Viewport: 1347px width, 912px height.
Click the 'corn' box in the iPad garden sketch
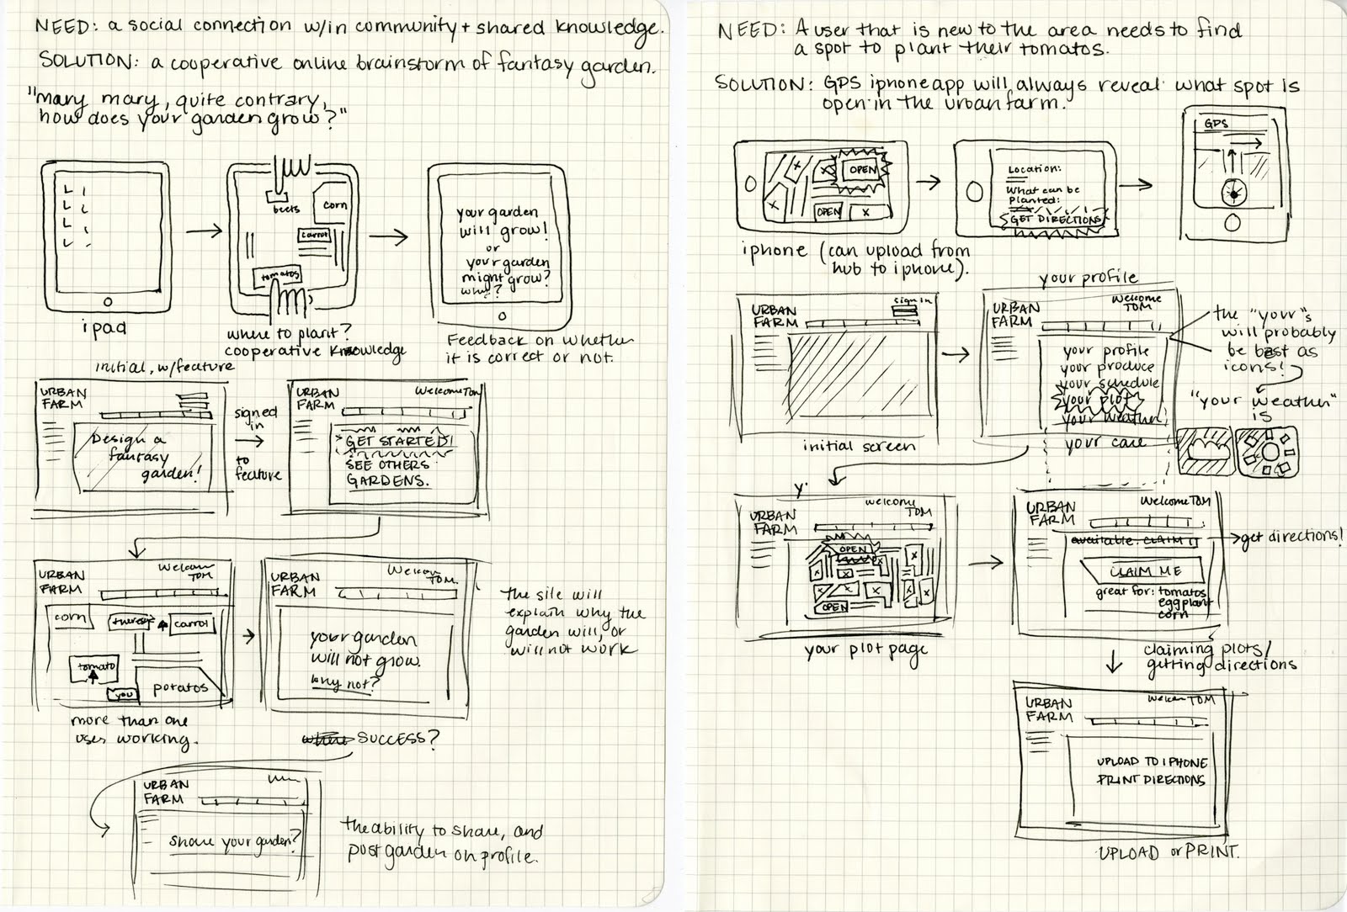coord(334,204)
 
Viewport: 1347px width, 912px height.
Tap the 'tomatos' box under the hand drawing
coord(278,275)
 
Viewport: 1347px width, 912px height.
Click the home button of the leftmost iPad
coord(106,301)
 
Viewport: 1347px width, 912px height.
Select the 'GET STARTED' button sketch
coord(393,440)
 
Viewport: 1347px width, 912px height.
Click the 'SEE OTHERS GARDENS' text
coord(386,473)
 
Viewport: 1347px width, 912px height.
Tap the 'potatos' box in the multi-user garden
coord(180,687)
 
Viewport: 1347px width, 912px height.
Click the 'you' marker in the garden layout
coord(124,696)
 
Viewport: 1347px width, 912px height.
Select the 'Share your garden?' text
coord(234,841)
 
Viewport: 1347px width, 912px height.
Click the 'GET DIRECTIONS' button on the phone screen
coord(1055,219)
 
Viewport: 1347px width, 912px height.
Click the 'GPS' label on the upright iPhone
coord(1215,124)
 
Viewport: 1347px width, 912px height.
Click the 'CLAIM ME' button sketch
coord(1146,570)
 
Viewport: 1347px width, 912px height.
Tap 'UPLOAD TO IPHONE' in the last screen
coord(1151,761)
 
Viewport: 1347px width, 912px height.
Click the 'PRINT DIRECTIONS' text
coord(1151,780)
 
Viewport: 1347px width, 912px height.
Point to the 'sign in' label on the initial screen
coord(913,300)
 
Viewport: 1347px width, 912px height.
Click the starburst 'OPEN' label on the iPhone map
coord(861,169)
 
